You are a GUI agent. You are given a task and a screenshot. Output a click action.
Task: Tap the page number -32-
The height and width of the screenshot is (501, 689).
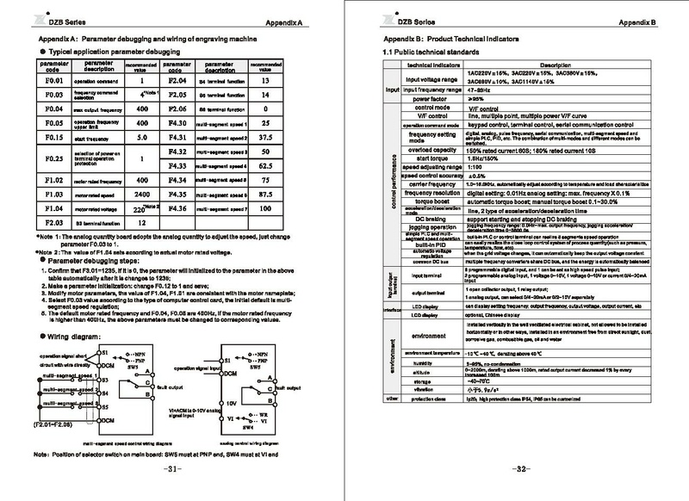coord(514,469)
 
